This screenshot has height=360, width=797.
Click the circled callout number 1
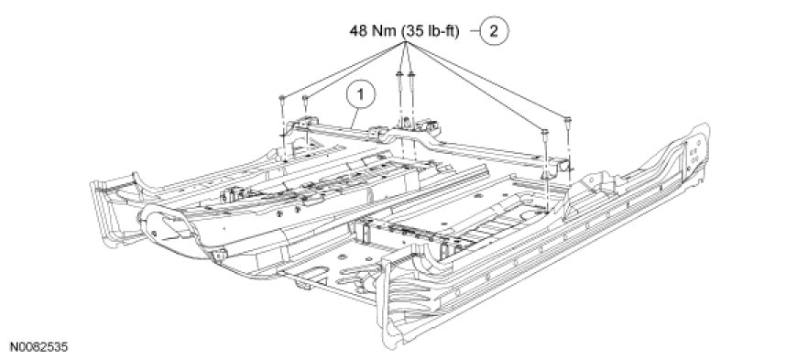(x=361, y=94)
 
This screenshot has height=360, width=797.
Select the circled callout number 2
(x=493, y=31)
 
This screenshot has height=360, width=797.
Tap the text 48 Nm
(x=373, y=31)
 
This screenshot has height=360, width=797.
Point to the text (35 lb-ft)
(x=431, y=31)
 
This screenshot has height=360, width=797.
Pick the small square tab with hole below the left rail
(x=219, y=256)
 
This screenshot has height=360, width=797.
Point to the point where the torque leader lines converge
(x=405, y=44)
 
